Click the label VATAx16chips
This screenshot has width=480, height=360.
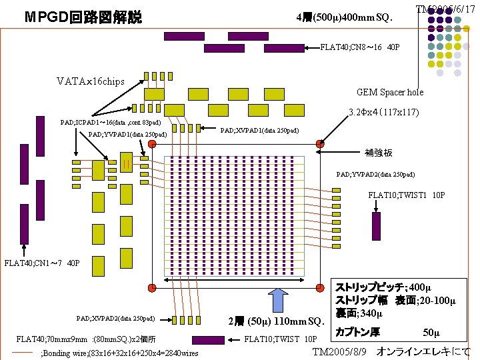click(x=90, y=81)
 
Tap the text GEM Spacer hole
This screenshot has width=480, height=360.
click(x=389, y=92)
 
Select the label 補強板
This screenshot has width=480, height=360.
click(x=379, y=153)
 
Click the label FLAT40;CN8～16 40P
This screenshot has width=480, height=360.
click(x=360, y=47)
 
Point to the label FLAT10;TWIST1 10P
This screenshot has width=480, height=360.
click(x=406, y=195)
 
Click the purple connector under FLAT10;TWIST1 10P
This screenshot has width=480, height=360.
click(x=376, y=226)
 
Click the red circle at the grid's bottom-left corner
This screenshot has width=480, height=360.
click(x=152, y=287)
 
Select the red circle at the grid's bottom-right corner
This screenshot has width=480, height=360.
click(x=319, y=287)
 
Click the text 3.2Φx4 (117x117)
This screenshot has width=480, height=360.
click(x=383, y=112)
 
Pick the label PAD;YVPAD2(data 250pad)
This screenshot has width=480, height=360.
click(x=375, y=175)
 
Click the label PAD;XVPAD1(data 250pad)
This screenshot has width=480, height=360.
click(x=259, y=130)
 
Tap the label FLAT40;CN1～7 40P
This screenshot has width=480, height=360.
click(x=42, y=262)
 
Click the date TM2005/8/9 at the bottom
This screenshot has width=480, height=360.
click(x=341, y=351)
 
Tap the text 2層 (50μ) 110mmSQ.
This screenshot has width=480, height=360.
click(x=275, y=321)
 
